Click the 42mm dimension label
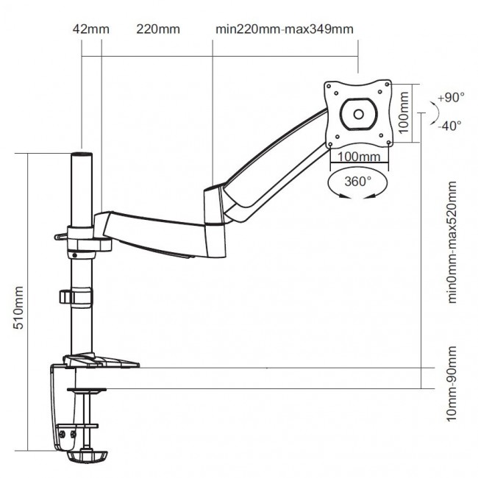point(91,29)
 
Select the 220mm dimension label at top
point(158,29)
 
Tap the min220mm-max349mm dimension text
point(285,29)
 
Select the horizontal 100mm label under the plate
point(360,157)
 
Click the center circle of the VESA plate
point(359,113)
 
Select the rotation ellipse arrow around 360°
point(359,184)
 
